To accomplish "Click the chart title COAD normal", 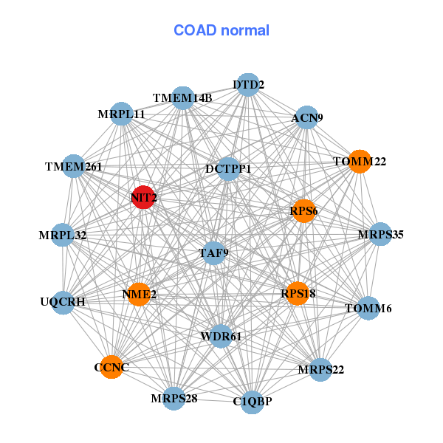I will point(221,31).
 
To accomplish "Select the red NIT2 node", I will point(143,198).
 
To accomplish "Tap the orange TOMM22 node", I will point(359,161).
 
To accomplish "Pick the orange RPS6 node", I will point(303,210).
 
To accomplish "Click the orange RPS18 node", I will point(297,293).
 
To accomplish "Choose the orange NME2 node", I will point(139,295).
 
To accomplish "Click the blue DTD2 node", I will point(249,85).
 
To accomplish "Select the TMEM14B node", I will point(183,98).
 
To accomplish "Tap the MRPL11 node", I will point(121,114).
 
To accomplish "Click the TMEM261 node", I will point(73,166).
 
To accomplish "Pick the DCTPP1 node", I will point(229,169).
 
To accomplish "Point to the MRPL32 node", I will point(63,236).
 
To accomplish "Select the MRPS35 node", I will point(380,235).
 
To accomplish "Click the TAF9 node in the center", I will point(214,253).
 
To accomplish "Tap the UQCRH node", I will point(63,302).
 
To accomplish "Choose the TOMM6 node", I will point(368,308).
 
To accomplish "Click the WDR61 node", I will point(221,337).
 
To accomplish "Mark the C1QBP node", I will point(253,402).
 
